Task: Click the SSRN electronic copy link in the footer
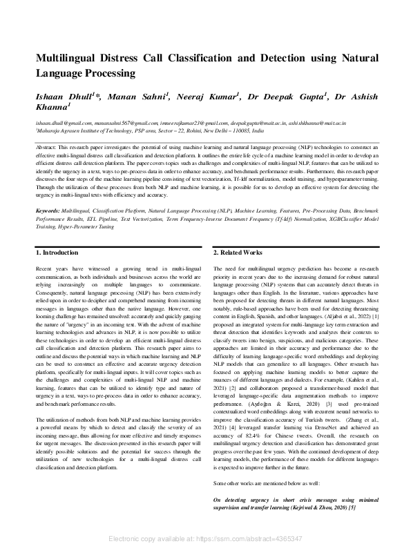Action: tap(206, 537)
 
